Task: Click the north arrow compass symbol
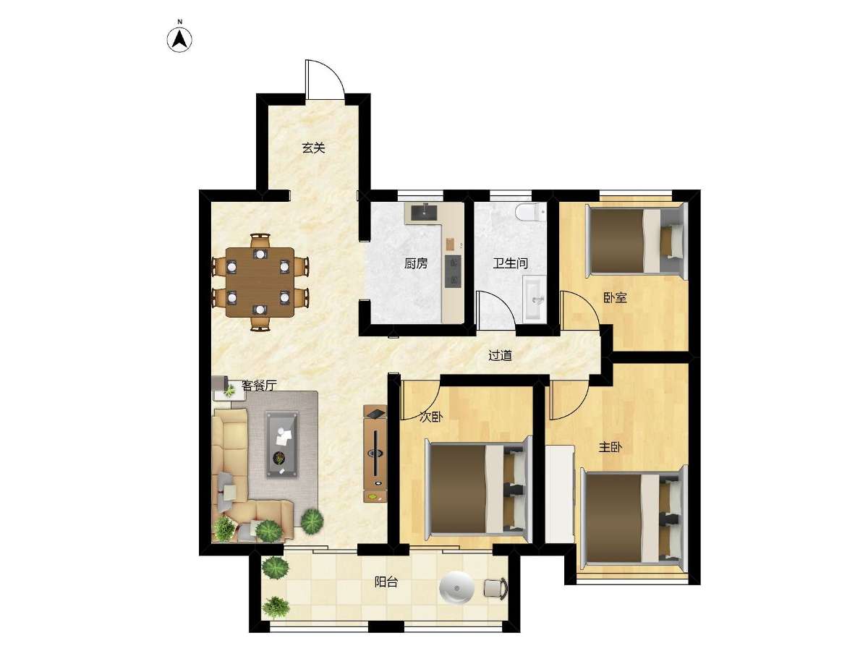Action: tap(179, 40)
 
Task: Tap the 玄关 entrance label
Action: tap(313, 148)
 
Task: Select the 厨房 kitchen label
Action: tap(416, 263)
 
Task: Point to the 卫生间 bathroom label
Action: tap(510, 263)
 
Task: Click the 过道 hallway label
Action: tap(501, 355)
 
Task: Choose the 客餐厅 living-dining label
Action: tap(259, 386)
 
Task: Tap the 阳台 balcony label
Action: tap(386, 582)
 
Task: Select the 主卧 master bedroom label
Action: tap(610, 448)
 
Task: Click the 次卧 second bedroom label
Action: tap(431, 417)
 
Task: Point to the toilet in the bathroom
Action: tap(531, 212)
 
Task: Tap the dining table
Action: tap(260, 282)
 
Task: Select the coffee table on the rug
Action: tap(282, 445)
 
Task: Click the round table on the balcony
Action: tap(456, 587)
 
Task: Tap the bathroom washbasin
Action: tap(535, 299)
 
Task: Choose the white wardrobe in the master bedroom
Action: tap(560, 494)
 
